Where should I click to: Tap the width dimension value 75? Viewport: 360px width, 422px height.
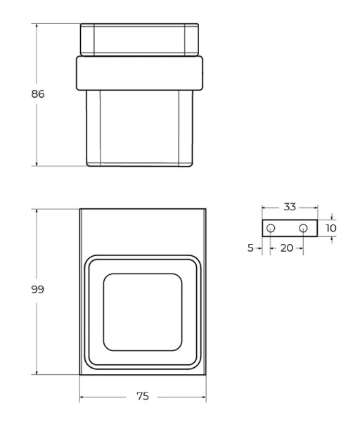pos(142,397)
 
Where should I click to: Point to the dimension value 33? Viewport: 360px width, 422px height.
pos(290,207)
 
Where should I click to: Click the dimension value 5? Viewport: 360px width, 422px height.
pos(250,248)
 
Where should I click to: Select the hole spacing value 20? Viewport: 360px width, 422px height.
pos(286,248)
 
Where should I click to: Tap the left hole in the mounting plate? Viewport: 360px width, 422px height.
pos(271,229)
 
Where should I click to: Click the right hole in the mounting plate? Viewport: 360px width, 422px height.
pos(303,229)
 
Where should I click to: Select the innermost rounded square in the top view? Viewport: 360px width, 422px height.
pos(143,312)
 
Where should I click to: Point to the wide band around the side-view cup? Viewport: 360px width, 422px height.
pos(140,72)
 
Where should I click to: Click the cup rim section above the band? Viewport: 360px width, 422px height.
pos(140,39)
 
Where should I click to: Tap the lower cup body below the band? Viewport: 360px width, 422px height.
pos(140,127)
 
